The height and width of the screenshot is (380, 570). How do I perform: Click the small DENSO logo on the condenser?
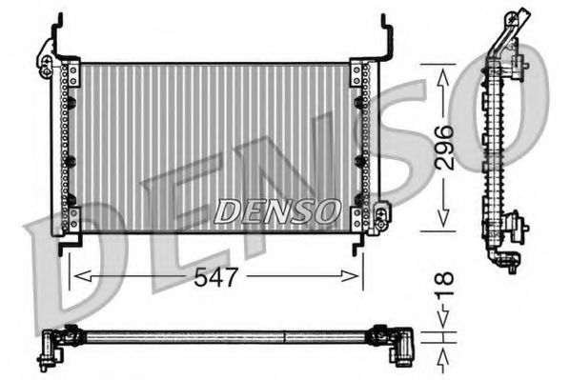point(276,209)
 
